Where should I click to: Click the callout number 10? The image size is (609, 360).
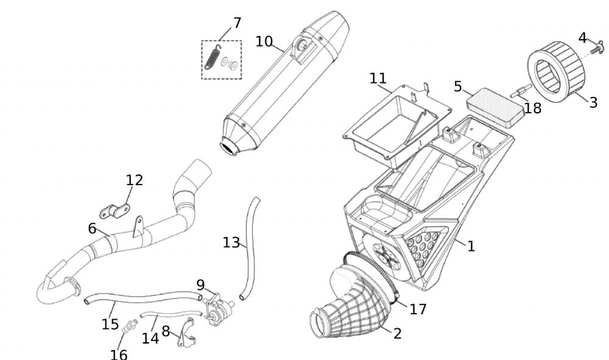point(264,41)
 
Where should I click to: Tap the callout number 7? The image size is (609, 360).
point(237,23)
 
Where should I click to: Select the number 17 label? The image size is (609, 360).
point(418,309)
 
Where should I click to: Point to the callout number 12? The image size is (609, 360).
point(134,180)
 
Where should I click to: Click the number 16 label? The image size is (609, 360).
point(119,353)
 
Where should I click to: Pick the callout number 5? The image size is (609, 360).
point(458,86)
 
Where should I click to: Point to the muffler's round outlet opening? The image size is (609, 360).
point(230,147)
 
